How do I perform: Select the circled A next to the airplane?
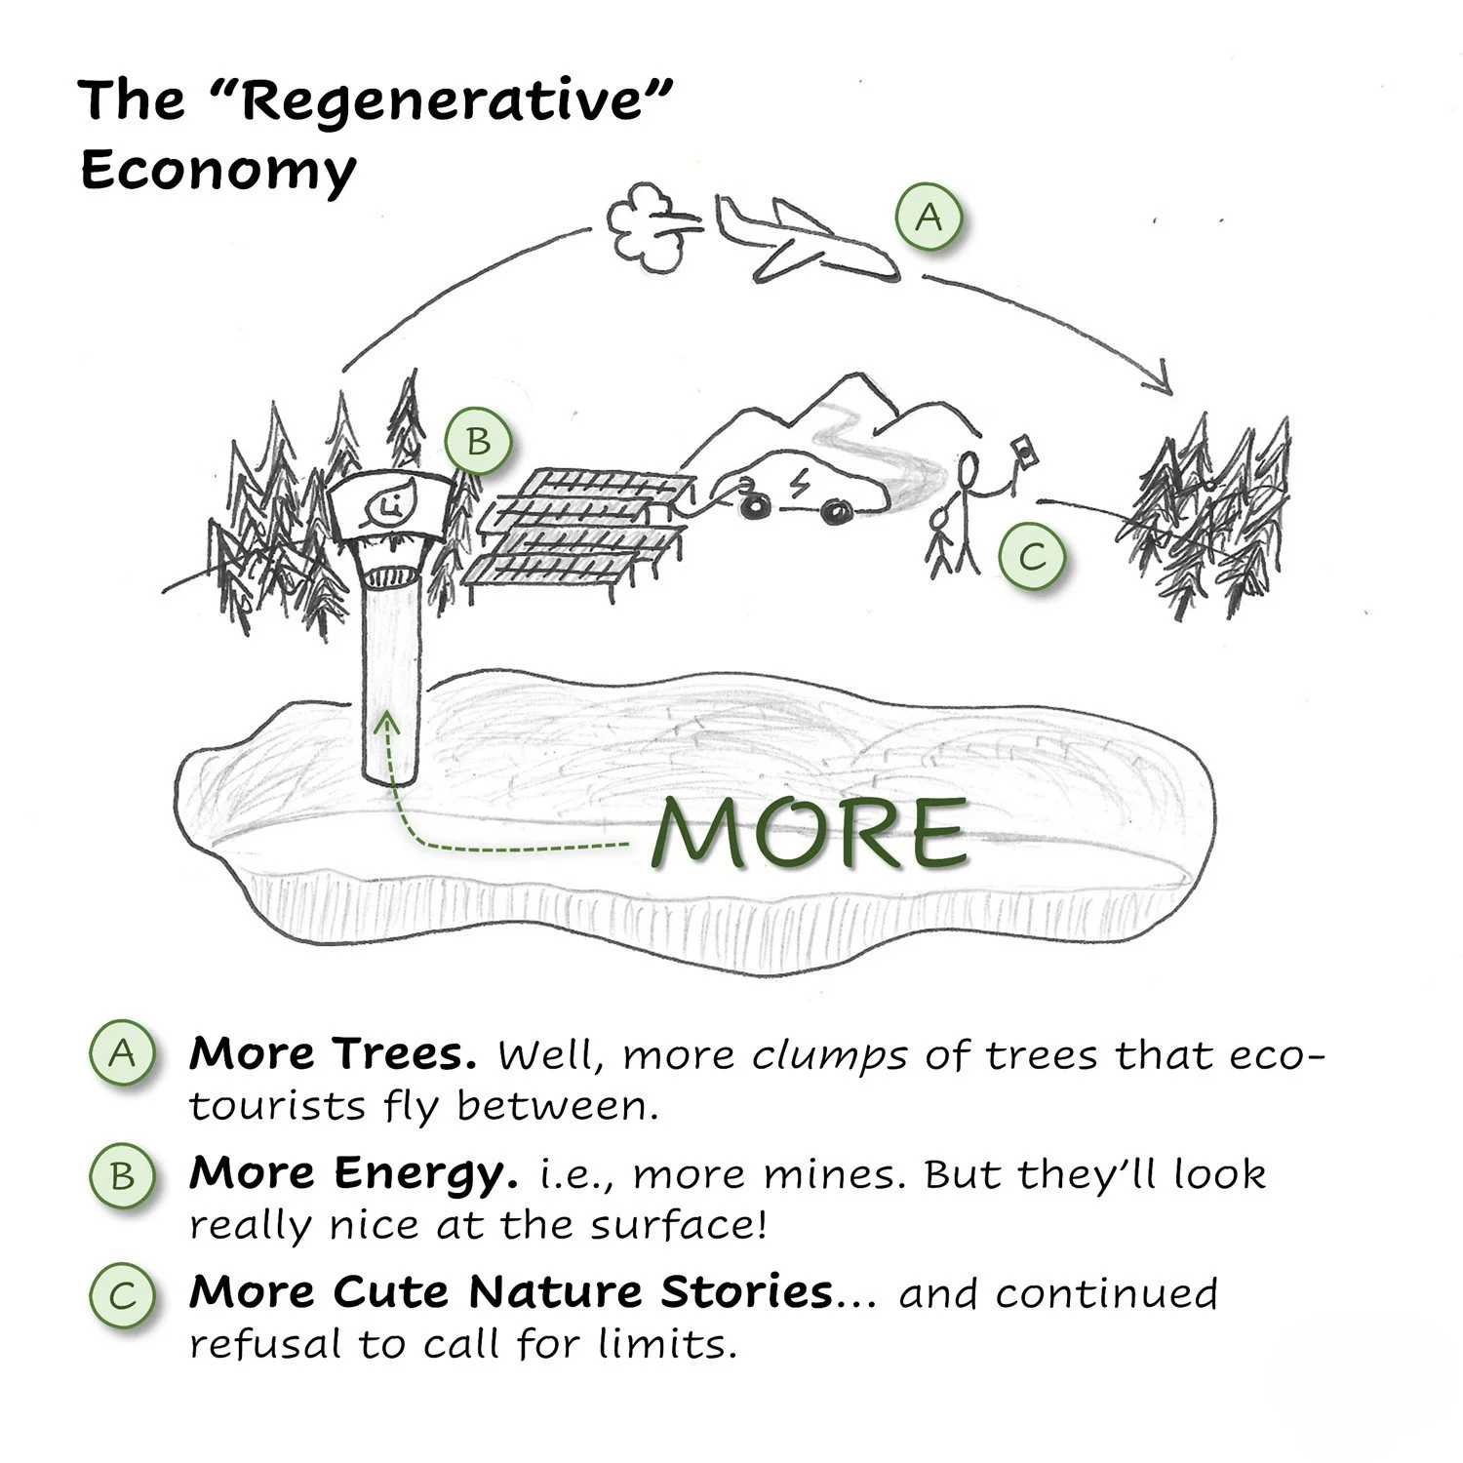tap(929, 217)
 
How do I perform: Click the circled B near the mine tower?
tap(478, 441)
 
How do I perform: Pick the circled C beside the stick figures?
tap(1032, 557)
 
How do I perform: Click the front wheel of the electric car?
tap(835, 509)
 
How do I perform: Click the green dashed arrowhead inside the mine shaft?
tap(388, 722)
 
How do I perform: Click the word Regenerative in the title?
tap(444, 100)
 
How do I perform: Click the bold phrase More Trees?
tap(333, 1053)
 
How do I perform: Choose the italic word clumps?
tap(830, 1055)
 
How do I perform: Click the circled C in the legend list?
tap(123, 1296)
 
